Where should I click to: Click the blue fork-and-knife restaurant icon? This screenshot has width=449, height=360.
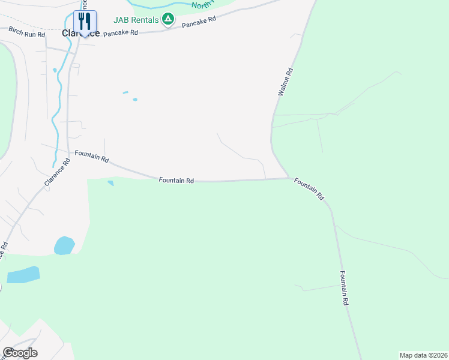click(x=85, y=22)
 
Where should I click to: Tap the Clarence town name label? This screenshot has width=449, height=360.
click(x=81, y=34)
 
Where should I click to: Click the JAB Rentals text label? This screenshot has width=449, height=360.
click(x=136, y=20)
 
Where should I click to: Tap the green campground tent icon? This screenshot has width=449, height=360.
click(x=169, y=20)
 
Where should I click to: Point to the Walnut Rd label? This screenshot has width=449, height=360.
click(x=285, y=82)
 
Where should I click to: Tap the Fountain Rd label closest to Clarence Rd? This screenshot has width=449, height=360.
click(x=92, y=157)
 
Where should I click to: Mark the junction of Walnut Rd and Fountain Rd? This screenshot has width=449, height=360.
click(x=289, y=178)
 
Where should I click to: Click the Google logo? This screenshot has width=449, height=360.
click(x=20, y=352)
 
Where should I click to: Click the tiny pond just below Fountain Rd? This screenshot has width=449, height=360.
click(x=110, y=183)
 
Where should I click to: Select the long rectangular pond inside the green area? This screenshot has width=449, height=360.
click(x=23, y=274)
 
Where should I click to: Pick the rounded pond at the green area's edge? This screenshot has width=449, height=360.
click(x=64, y=245)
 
